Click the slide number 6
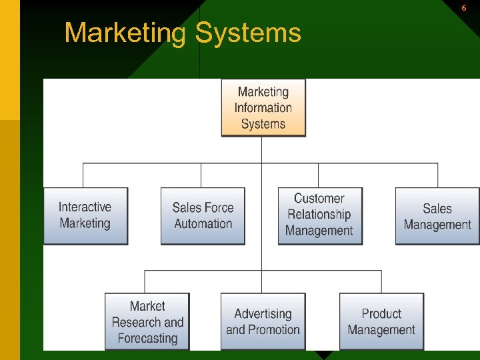coord(464,8)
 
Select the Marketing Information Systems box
coord(263,108)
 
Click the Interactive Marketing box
coord(85,216)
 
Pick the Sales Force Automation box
coord(203,216)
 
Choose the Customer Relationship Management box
coord(320,215)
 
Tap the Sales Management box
coord(437,216)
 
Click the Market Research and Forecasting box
coord(147,322)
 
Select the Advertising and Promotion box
coord(263,322)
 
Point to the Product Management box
coord(381,322)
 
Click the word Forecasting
coord(147,339)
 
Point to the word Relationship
coord(319,215)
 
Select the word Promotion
coord(272,330)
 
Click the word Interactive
coord(85,207)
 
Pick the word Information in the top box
coord(263,108)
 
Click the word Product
coord(381,313)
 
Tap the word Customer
coord(319,199)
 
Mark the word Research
coord(136,323)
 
